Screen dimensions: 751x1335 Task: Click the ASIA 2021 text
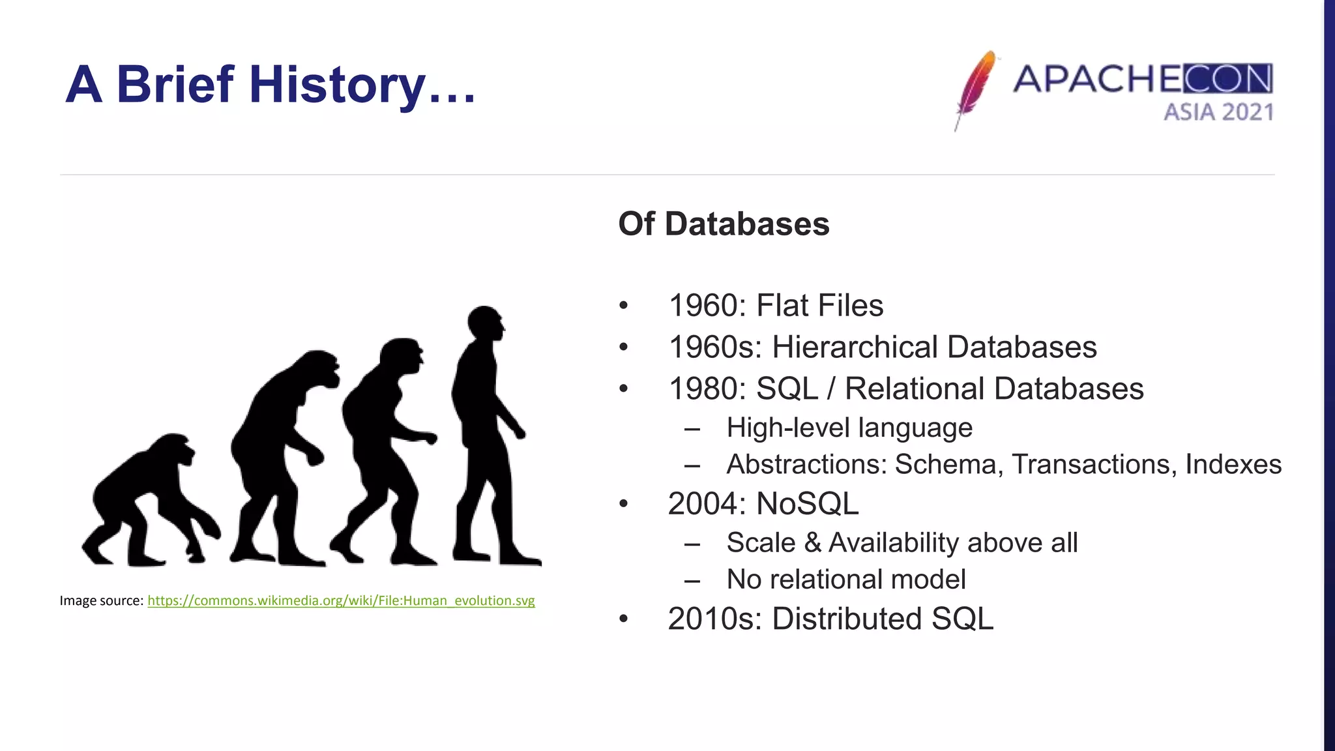pyautogui.click(x=1218, y=112)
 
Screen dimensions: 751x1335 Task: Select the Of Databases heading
pyautogui.click(x=724, y=224)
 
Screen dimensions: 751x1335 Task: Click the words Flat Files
pyautogui.click(x=819, y=306)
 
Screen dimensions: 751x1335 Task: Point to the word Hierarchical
pyautogui.click(x=855, y=347)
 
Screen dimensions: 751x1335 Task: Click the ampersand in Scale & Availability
pyautogui.click(x=812, y=543)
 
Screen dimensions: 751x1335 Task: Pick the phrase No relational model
pyautogui.click(x=845, y=580)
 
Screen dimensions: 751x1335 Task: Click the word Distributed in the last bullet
pyautogui.click(x=846, y=619)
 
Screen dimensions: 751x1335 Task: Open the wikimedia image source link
pyautogui.click(x=341, y=600)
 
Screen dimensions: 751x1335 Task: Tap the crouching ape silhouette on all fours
pyautogui.click(x=150, y=499)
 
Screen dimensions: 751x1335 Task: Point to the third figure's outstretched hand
pyautogui.click(x=430, y=438)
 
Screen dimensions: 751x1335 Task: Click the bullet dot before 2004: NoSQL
pyautogui.click(x=624, y=504)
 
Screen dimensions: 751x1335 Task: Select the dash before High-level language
pyautogui.click(x=692, y=429)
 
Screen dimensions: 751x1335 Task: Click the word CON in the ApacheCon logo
pyautogui.click(x=1227, y=80)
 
